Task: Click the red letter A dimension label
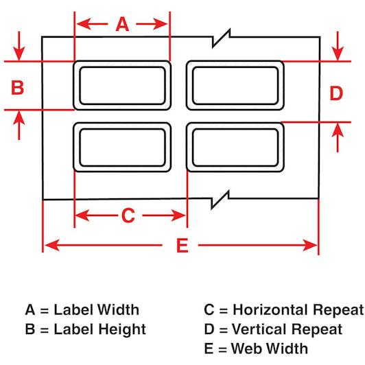(x=122, y=24)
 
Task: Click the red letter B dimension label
(x=17, y=87)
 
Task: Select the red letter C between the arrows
(x=128, y=215)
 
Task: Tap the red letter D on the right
(x=336, y=93)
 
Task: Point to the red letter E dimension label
(x=182, y=246)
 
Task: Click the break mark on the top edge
(x=221, y=38)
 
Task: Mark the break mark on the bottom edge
(x=220, y=199)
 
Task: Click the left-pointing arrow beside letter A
(x=92, y=24)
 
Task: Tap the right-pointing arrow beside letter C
(x=164, y=215)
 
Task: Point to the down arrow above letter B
(x=19, y=46)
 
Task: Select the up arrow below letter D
(x=338, y=138)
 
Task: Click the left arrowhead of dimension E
(x=52, y=245)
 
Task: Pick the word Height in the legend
(x=121, y=330)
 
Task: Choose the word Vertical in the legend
(x=260, y=329)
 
